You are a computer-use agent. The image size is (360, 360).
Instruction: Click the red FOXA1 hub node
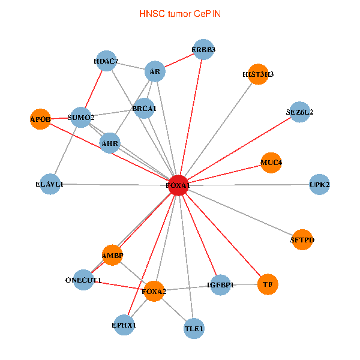178,185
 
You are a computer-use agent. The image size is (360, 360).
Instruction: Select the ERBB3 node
203,49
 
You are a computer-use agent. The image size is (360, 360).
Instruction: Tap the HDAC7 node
106,61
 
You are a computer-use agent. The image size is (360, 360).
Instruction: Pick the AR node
155,71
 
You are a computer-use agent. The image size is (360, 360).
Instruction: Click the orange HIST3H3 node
258,74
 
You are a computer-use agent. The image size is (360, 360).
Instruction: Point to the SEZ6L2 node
299,112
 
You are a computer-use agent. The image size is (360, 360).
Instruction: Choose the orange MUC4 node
271,163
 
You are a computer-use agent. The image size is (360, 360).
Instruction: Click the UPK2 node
319,184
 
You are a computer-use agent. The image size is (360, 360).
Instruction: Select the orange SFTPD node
302,239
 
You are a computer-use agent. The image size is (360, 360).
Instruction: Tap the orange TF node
268,284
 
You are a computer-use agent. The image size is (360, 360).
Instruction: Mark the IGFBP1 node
220,285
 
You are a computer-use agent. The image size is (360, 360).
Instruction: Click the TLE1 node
194,329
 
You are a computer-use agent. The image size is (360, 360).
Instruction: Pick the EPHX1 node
124,325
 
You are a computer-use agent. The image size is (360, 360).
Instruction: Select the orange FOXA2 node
154,291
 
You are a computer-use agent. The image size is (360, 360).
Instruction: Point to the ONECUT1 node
83,280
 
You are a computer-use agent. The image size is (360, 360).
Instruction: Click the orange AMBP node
112,255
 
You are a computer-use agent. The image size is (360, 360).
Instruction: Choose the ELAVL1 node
50,184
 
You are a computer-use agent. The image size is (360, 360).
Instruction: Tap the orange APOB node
40,119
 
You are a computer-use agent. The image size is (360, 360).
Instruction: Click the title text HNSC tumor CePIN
180,14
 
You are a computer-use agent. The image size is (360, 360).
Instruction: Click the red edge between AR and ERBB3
179,61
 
